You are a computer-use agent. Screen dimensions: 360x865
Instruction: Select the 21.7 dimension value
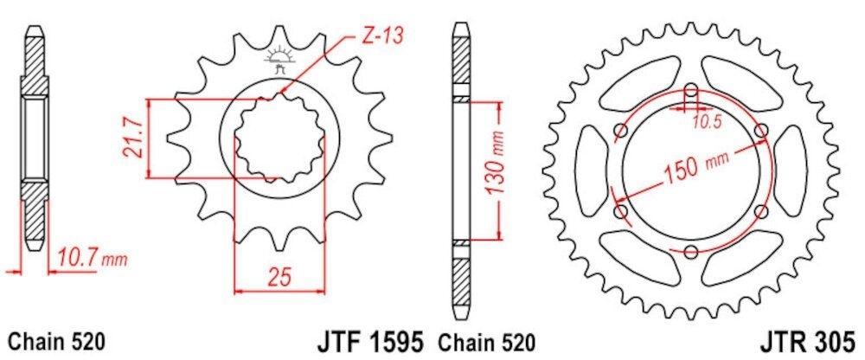click(131, 138)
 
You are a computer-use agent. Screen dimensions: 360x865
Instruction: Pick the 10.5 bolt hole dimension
click(708, 122)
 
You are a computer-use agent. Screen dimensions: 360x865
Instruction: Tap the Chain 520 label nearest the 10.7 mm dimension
click(56, 339)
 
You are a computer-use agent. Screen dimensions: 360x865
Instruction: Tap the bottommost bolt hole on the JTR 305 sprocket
click(690, 252)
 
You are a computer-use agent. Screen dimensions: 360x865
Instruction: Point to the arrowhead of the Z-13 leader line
click(281, 93)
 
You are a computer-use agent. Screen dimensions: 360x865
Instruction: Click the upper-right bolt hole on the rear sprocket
click(761, 130)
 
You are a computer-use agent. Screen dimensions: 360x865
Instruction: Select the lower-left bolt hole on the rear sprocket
click(619, 211)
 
